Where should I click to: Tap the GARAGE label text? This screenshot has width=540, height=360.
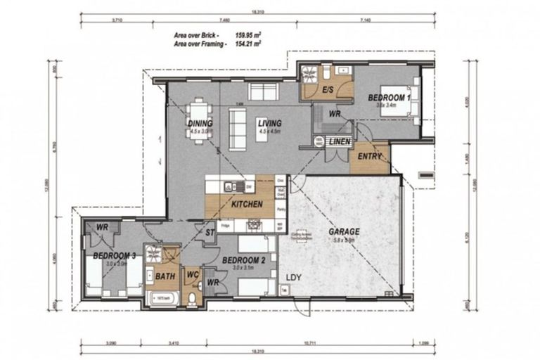click(x=343, y=231)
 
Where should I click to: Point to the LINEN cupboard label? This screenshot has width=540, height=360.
click(x=340, y=143)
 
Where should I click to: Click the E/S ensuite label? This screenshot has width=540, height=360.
click(x=328, y=91)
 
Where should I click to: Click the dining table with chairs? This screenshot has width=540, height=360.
click(x=199, y=122)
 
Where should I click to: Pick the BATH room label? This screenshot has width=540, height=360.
click(x=165, y=276)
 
